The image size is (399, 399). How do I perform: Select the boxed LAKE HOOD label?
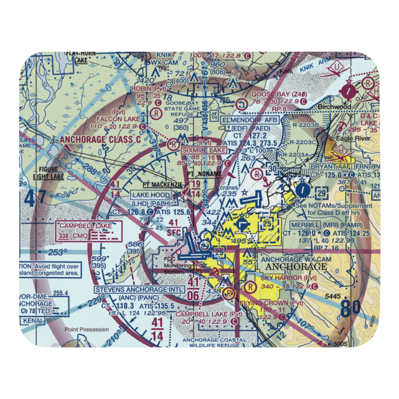coord(152,195)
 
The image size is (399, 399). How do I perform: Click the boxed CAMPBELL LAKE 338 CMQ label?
coord(89,231)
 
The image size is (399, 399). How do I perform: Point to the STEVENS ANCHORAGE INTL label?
coord(140,289)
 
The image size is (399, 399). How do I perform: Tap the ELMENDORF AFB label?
coord(251,119)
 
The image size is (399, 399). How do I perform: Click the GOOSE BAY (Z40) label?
coord(279,94)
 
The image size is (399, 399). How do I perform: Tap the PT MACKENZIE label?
coord(163,185)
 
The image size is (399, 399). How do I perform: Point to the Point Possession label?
coord(87,330)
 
